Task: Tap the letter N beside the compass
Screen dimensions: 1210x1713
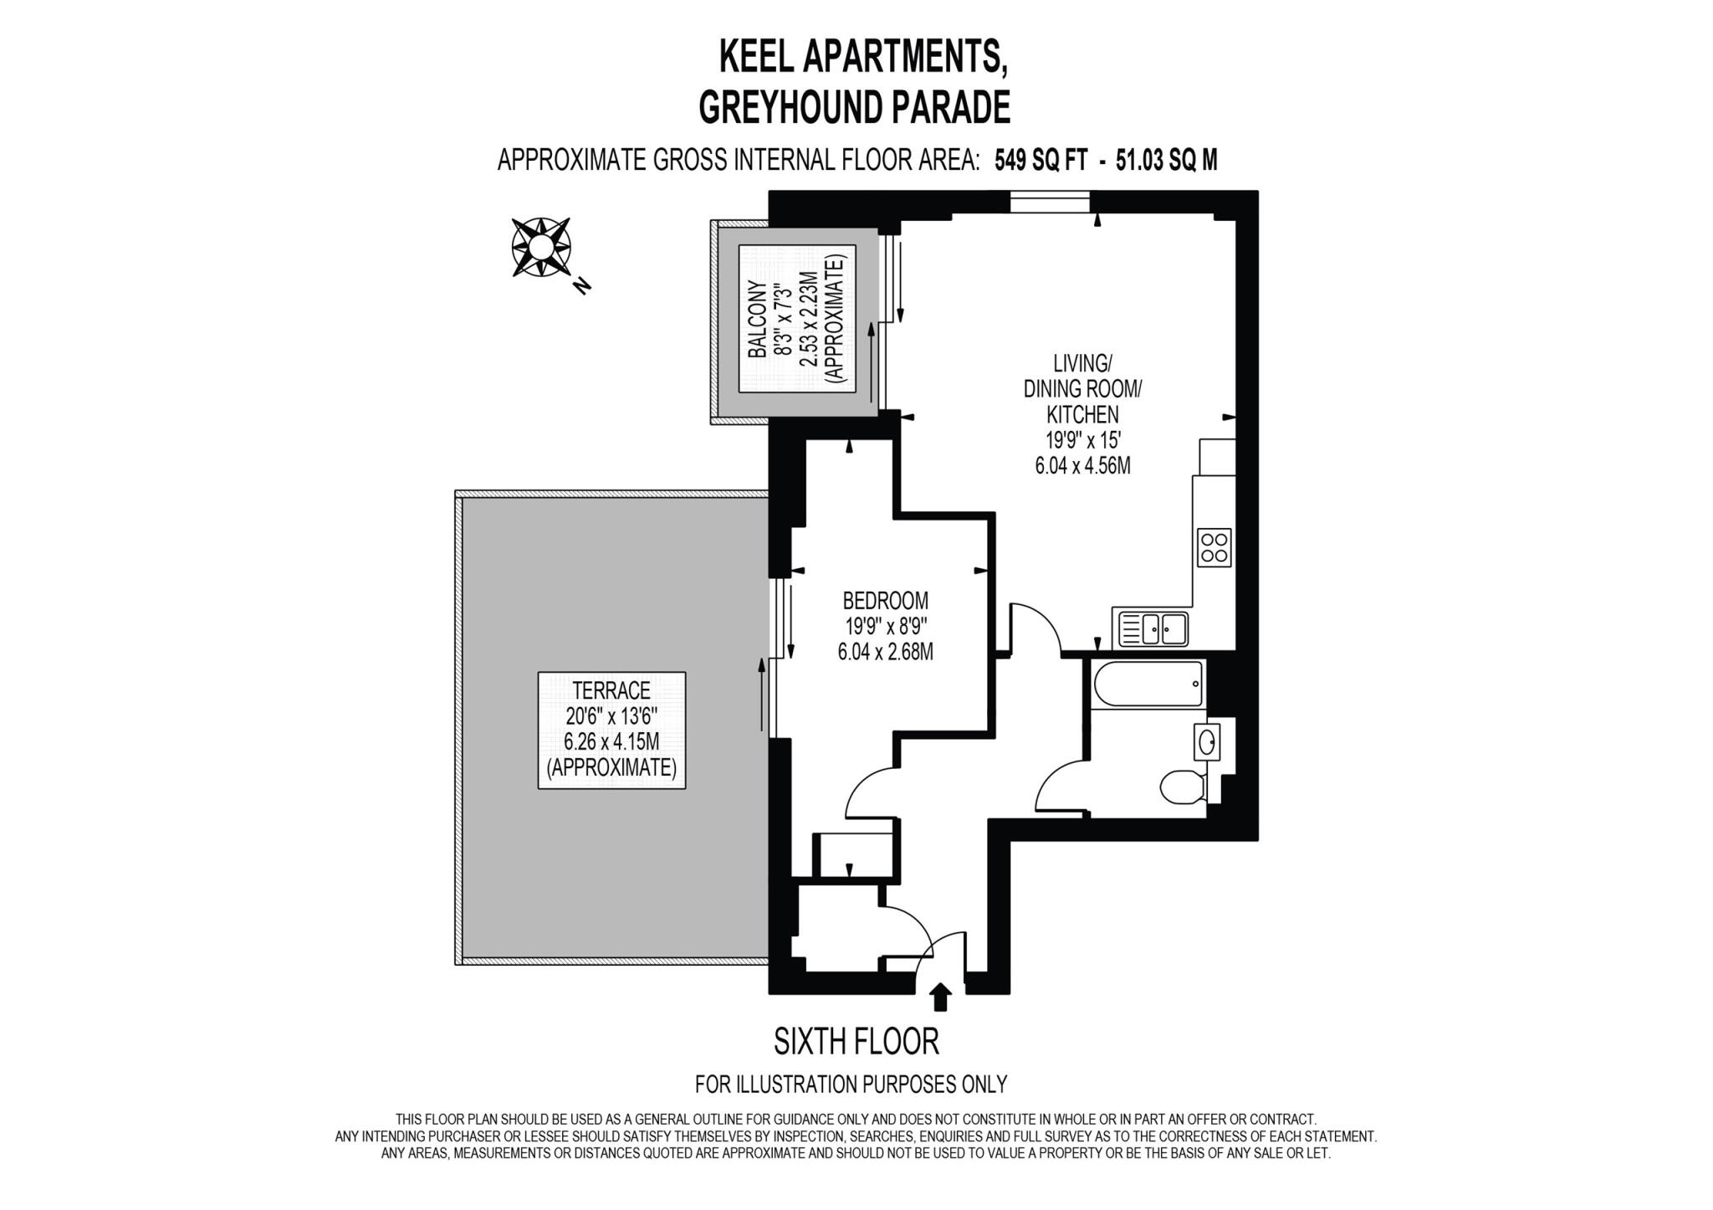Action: (x=582, y=286)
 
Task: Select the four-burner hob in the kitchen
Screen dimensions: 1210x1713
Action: (x=1214, y=547)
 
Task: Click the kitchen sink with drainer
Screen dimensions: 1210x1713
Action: (x=1150, y=628)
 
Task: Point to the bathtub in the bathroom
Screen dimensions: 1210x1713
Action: (x=1148, y=684)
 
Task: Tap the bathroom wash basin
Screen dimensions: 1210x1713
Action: (x=1206, y=741)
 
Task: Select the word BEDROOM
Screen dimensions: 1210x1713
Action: (x=885, y=601)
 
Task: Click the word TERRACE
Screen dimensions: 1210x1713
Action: (x=611, y=690)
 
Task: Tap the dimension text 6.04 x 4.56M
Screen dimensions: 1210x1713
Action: (x=1082, y=466)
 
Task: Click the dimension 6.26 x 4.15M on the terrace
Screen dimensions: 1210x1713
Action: (x=611, y=741)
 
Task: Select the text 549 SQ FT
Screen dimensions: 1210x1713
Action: (x=1041, y=161)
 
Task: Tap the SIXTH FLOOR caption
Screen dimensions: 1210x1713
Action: (x=856, y=1042)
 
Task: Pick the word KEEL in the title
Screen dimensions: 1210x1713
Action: (x=756, y=57)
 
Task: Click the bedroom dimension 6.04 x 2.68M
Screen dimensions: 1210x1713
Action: (x=885, y=651)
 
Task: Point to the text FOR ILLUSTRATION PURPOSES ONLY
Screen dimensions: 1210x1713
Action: (x=851, y=1084)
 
